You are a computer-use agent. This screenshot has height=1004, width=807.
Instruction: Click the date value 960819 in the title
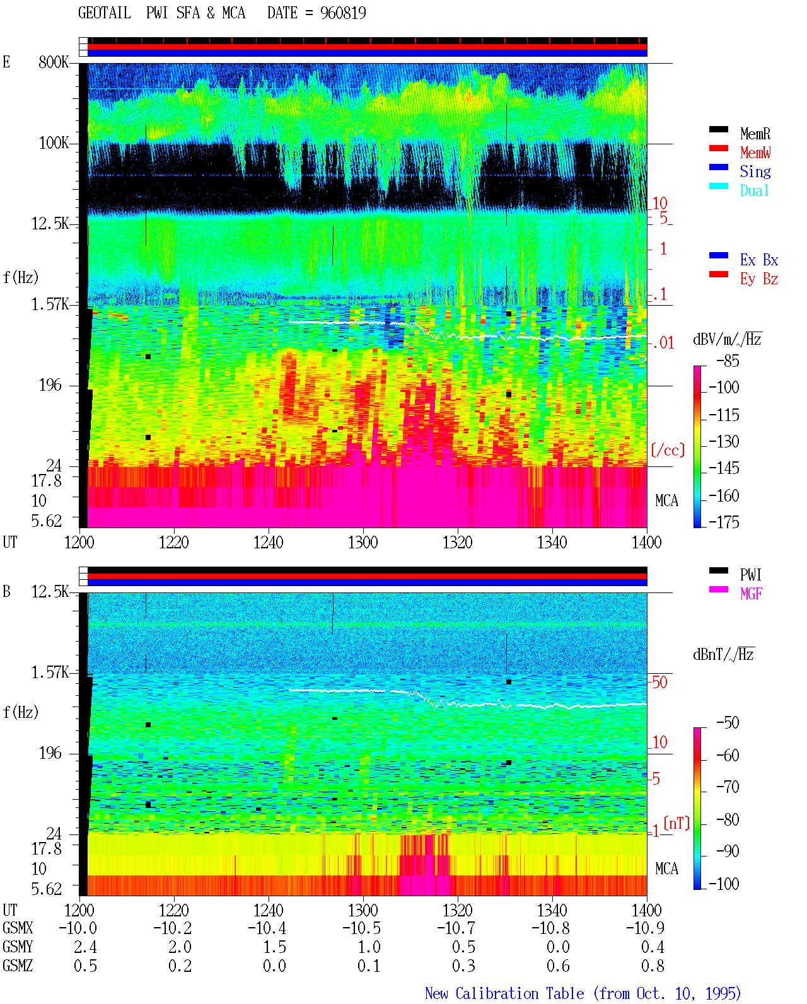(343, 13)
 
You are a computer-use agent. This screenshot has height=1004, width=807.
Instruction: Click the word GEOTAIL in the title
(105, 13)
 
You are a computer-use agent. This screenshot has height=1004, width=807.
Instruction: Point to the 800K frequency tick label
(54, 62)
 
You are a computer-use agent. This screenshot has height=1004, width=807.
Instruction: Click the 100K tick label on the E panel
(54, 143)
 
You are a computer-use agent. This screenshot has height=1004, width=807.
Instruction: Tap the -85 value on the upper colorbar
(728, 361)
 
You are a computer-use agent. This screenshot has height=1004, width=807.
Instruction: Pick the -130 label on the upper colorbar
(724, 441)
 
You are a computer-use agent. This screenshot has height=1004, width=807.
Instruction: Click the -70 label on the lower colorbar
(728, 787)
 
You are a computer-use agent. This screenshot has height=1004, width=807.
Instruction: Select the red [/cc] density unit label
(668, 450)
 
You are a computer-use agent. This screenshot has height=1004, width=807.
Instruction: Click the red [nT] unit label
(676, 823)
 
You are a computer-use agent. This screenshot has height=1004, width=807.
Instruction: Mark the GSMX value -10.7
(456, 928)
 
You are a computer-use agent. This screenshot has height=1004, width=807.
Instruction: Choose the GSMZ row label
(18, 966)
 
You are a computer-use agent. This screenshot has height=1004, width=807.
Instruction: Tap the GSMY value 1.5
(274, 947)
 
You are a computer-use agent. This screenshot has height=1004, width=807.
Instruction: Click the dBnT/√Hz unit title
(723, 655)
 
